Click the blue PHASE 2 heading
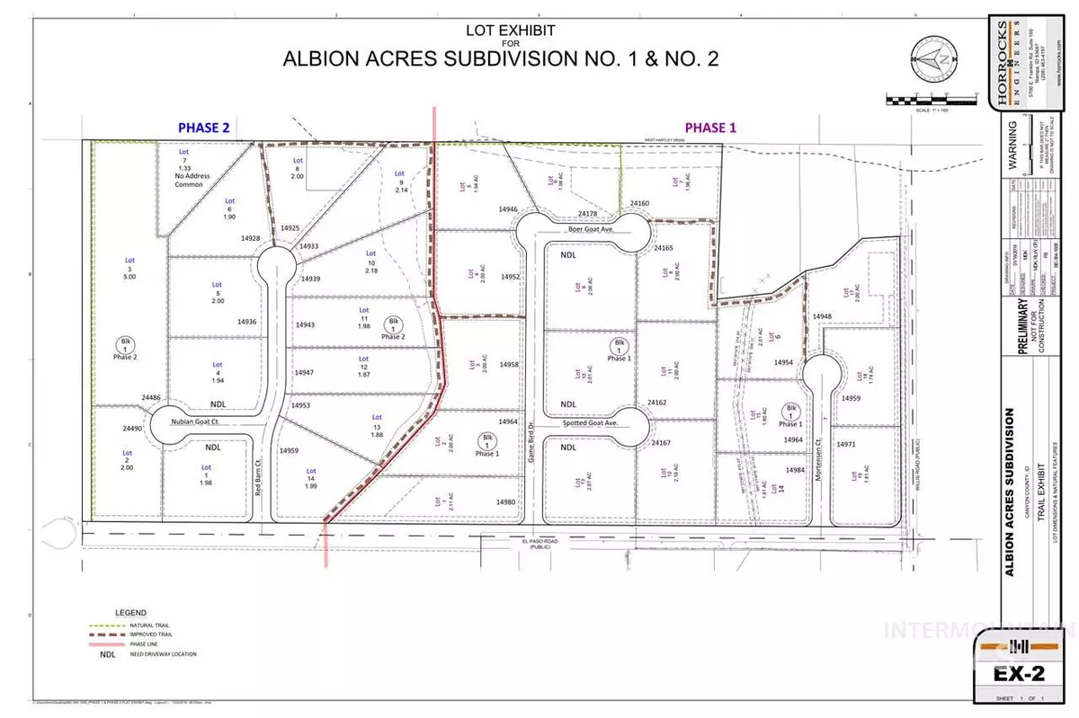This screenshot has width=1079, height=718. click(x=203, y=128)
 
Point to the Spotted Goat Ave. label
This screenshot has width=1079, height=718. click(x=590, y=422)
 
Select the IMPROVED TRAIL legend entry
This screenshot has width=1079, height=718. click(x=149, y=634)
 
